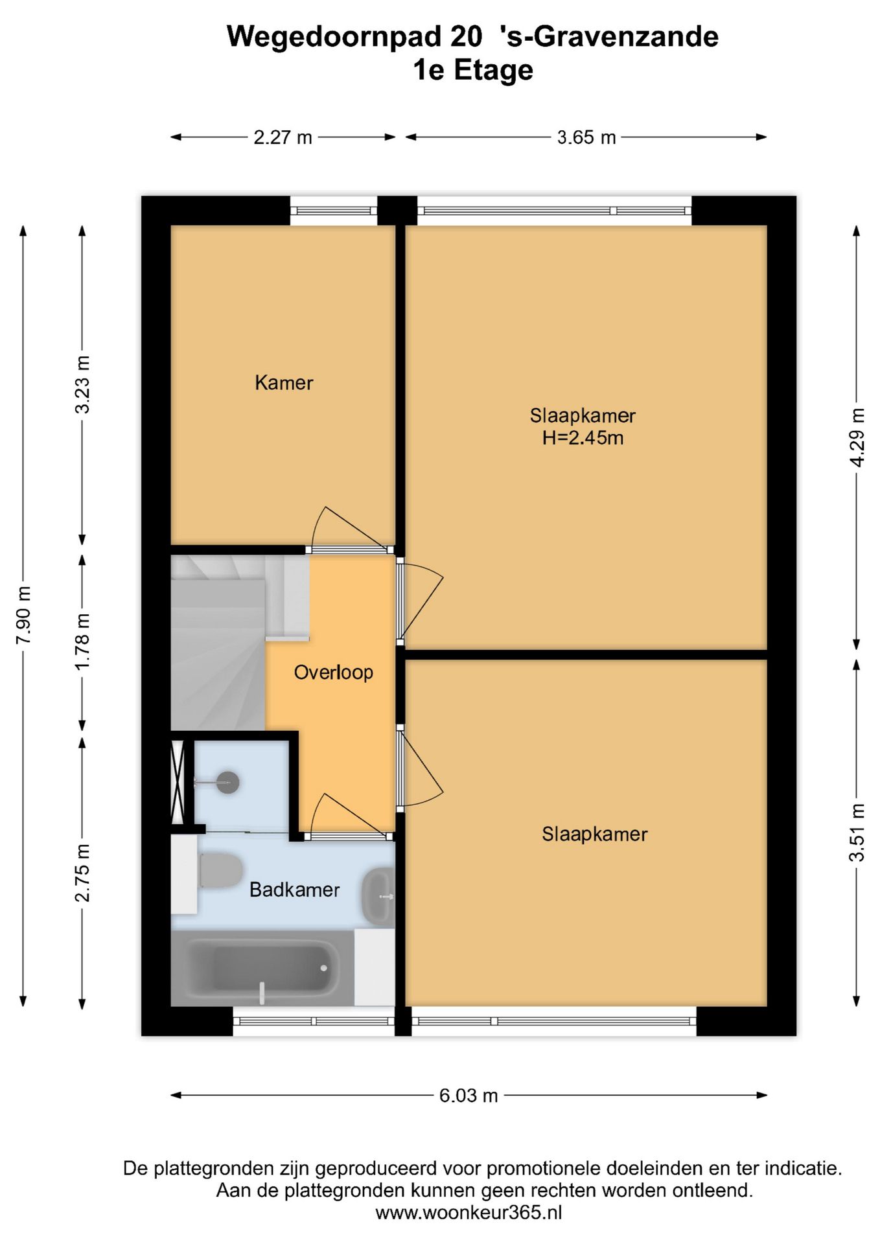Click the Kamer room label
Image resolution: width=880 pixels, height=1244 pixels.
tap(284, 383)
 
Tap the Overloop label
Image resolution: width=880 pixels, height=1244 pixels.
tap(333, 673)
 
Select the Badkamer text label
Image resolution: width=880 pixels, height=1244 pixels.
tap(294, 890)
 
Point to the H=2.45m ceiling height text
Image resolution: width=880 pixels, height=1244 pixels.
tap(583, 438)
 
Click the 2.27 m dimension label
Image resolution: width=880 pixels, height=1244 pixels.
tap(283, 137)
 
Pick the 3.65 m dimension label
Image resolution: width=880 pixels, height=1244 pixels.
tap(586, 137)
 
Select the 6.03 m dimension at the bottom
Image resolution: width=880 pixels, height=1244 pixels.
tap(468, 1096)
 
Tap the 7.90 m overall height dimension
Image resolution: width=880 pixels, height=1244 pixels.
tap(24, 616)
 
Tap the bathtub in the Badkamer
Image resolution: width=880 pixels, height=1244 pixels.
tap(262, 968)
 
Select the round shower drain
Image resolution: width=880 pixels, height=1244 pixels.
tap(227, 783)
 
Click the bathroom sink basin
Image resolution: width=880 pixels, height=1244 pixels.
tap(378, 896)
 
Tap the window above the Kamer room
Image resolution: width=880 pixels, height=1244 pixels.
tap(333, 211)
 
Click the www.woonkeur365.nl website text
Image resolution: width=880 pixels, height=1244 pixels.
tap(468, 1212)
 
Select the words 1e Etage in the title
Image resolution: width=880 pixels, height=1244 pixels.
tap(473, 70)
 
